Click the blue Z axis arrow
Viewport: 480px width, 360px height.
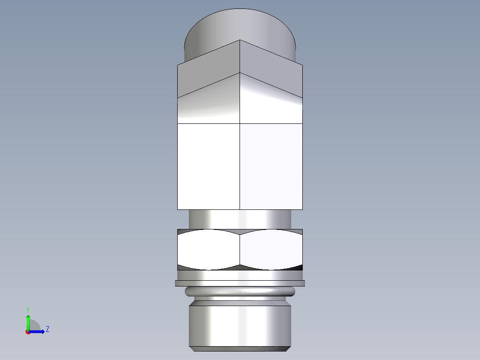[x=38, y=331]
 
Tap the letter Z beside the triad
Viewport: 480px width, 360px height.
[x=47, y=329]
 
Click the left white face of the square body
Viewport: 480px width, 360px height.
[x=208, y=166]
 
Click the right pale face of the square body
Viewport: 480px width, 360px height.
[x=271, y=166]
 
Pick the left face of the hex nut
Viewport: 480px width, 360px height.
[x=208, y=250]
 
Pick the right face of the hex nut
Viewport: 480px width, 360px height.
[x=271, y=250]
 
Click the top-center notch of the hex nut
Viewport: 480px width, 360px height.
[x=240, y=232]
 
